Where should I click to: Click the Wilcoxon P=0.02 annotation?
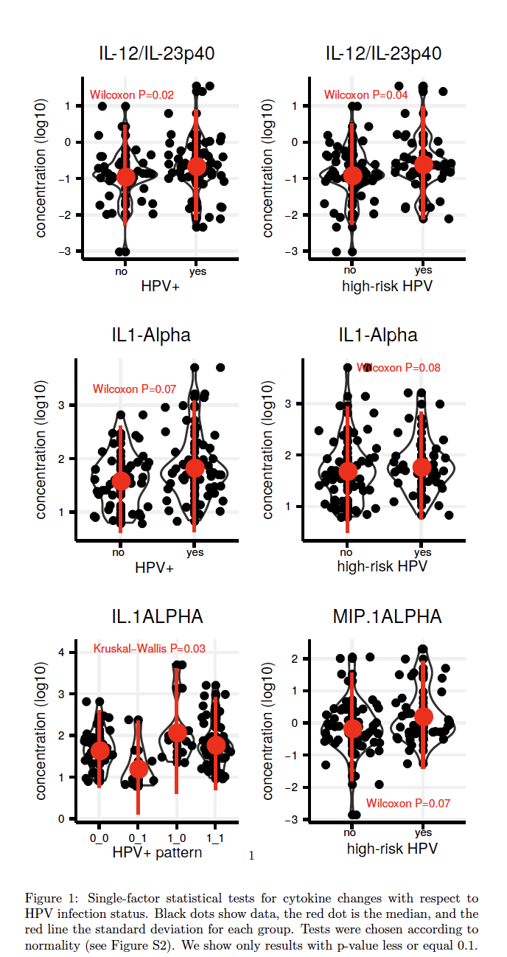pyautogui.click(x=132, y=95)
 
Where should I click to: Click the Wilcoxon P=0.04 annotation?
pyautogui.click(x=366, y=95)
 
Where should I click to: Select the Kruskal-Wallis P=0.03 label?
pyautogui.click(x=150, y=649)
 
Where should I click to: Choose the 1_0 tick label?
pyautogui.click(x=176, y=838)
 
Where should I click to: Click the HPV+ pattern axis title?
pyautogui.click(x=157, y=853)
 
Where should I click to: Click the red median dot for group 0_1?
pyautogui.click(x=138, y=769)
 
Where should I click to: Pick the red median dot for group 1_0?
pyautogui.click(x=177, y=732)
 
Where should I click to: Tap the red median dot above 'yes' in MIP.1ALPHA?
pyautogui.click(x=424, y=716)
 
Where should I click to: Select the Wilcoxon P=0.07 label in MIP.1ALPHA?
pyautogui.click(x=408, y=803)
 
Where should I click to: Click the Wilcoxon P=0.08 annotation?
pyautogui.click(x=399, y=367)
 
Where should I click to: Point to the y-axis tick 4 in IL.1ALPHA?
pyautogui.click(x=63, y=652)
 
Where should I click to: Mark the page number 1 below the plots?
pyautogui.click(x=251, y=856)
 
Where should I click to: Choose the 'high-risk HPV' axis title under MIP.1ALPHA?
pyautogui.click(x=392, y=849)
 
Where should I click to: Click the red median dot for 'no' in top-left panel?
pyautogui.click(x=126, y=176)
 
